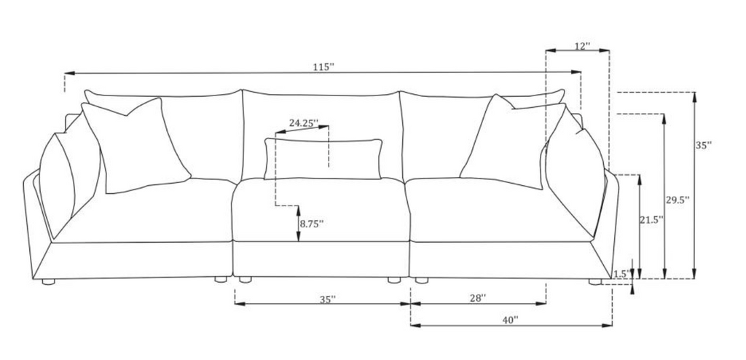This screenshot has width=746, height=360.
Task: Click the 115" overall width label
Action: [x=323, y=67]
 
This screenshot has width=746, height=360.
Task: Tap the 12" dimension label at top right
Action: [x=582, y=46]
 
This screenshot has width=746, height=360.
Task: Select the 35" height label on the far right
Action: [x=703, y=146]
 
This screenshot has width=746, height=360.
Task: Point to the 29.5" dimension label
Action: [x=678, y=200]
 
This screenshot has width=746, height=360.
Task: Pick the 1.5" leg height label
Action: [x=622, y=273]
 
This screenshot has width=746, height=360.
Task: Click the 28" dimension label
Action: [x=478, y=298]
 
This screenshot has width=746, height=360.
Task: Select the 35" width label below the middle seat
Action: [x=328, y=299]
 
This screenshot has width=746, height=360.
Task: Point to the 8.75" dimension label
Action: [x=312, y=223]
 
